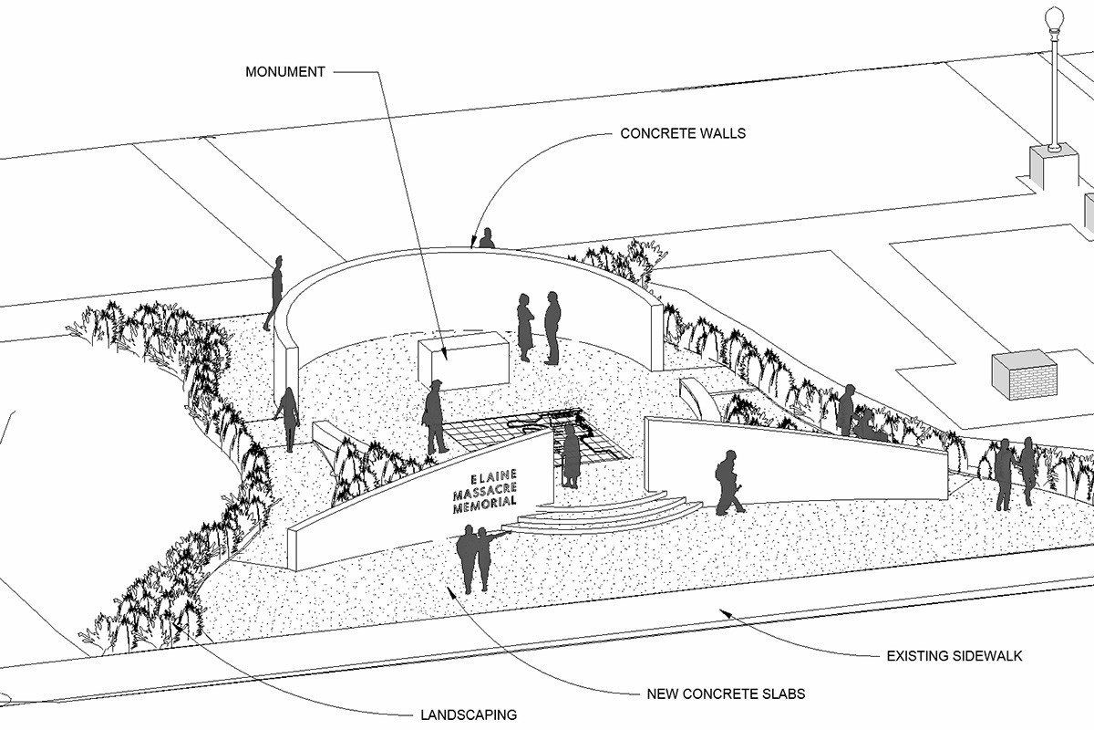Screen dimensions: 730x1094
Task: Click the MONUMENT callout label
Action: click(285, 71)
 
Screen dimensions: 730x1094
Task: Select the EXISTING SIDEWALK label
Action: click(955, 655)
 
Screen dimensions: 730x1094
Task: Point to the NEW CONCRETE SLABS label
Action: click(726, 693)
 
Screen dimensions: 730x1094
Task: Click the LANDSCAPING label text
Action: click(469, 714)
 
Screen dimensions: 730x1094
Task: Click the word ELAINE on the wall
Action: click(494, 476)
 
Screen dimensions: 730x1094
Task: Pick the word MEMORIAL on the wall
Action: click(485, 505)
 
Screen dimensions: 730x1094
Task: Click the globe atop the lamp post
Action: click(1054, 18)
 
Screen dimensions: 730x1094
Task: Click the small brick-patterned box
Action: click(1025, 374)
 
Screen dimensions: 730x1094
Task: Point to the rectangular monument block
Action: click(463, 361)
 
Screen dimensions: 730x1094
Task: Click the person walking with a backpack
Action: click(728, 482)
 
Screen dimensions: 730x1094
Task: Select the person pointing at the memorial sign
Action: click(484, 557)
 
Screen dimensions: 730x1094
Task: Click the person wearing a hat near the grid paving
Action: click(435, 417)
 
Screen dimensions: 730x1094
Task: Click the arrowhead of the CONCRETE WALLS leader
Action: click(473, 244)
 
